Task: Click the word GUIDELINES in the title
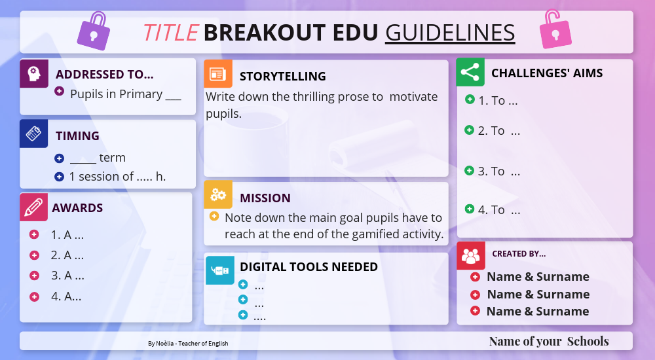click(450, 32)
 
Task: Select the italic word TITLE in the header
click(170, 32)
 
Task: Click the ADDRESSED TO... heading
click(105, 75)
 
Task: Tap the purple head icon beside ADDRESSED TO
click(34, 73)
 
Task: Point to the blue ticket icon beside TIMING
click(34, 134)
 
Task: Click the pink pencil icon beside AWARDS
click(34, 207)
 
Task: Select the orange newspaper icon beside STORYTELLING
click(217, 74)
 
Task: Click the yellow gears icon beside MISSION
click(217, 195)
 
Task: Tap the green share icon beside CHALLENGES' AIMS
click(470, 73)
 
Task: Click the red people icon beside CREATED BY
click(470, 255)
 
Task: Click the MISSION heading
click(265, 198)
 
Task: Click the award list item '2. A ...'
click(67, 255)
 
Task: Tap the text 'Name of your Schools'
click(549, 341)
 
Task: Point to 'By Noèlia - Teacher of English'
click(188, 343)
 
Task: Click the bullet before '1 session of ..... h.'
click(59, 177)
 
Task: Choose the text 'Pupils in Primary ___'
click(125, 94)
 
